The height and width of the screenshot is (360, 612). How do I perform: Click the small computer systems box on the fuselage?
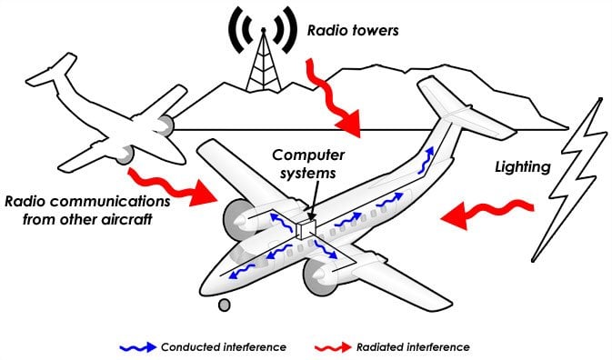306,227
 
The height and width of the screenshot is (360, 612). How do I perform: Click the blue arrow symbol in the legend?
136,346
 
